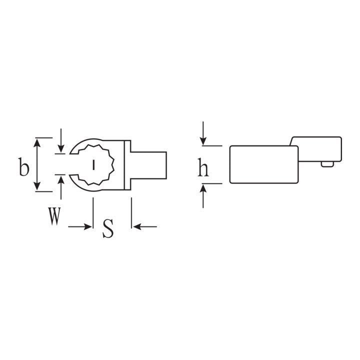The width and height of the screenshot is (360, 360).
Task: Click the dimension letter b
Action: tap(24, 167)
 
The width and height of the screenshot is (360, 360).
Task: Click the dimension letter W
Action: tap(54, 216)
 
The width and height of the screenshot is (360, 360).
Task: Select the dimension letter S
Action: tap(108, 228)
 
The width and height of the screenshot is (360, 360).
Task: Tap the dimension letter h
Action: tap(203, 167)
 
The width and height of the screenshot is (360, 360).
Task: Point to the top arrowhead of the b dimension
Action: tap(37, 142)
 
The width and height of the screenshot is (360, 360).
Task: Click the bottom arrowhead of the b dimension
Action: tap(37, 186)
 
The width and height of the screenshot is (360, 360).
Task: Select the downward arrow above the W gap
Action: tap(61, 140)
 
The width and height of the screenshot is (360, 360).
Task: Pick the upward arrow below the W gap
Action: tap(61, 188)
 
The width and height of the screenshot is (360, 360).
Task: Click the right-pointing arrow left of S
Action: tap(80, 227)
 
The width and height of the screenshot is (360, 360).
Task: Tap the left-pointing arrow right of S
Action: tap(145, 227)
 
